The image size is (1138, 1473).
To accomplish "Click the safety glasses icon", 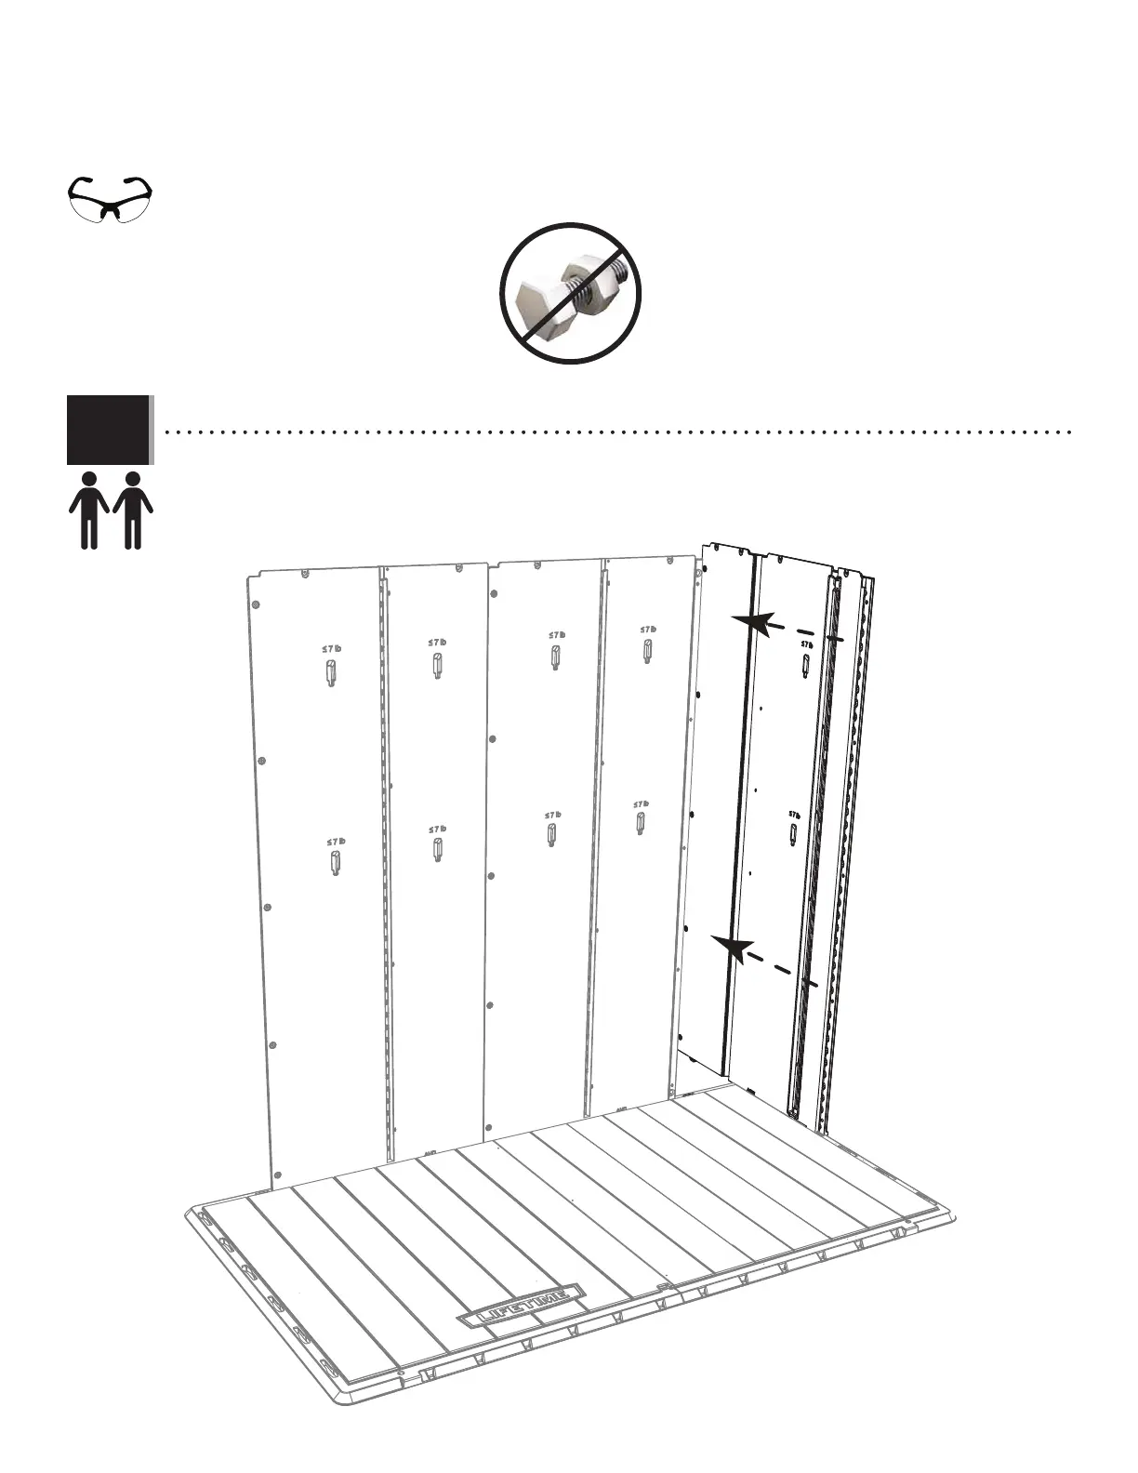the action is point(111,198).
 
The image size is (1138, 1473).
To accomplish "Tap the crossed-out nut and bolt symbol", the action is point(571,293).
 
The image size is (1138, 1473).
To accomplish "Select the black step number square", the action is point(108,429).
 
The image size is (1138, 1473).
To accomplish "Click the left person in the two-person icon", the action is point(89,510).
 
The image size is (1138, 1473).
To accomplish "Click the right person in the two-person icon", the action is point(133,510).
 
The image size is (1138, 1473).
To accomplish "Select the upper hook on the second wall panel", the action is point(436,666).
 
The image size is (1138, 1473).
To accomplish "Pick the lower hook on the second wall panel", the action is point(437,849).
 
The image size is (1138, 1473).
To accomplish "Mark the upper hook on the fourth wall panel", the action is point(646,650).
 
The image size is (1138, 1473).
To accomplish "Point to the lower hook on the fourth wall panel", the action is point(641,823).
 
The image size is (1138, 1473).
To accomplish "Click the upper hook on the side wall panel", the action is point(805,663).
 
